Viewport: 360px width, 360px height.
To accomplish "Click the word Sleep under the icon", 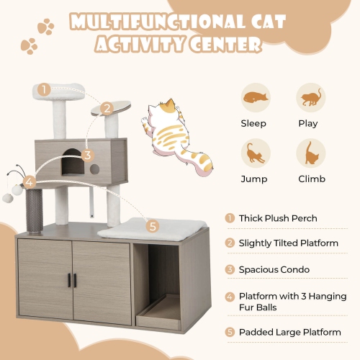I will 253,123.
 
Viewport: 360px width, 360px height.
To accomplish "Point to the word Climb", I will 311,179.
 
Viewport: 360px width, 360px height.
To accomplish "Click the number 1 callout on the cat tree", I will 44,90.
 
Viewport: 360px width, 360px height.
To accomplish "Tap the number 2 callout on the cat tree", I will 107,109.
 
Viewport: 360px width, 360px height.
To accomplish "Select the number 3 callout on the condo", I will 87,155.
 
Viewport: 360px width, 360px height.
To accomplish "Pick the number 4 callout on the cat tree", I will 30,181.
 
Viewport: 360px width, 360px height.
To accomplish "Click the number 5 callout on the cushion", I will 151,226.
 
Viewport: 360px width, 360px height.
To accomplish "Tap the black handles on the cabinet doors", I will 72,280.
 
